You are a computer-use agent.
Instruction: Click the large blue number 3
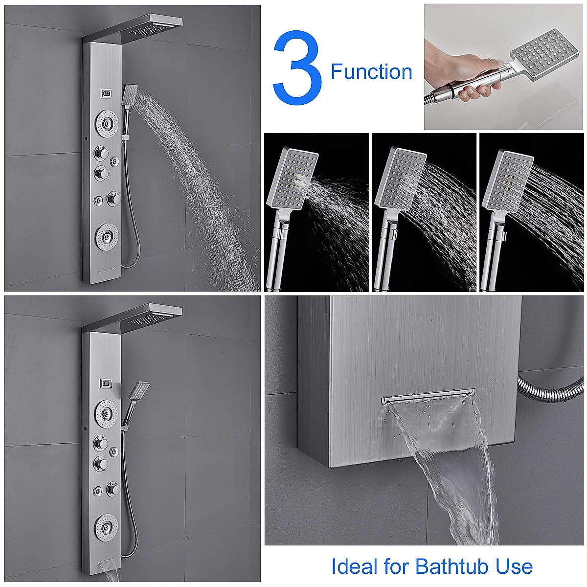click(297, 68)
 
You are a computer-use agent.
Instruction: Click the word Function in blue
click(371, 72)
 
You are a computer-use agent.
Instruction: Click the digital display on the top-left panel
click(107, 92)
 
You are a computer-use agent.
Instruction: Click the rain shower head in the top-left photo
click(152, 27)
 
